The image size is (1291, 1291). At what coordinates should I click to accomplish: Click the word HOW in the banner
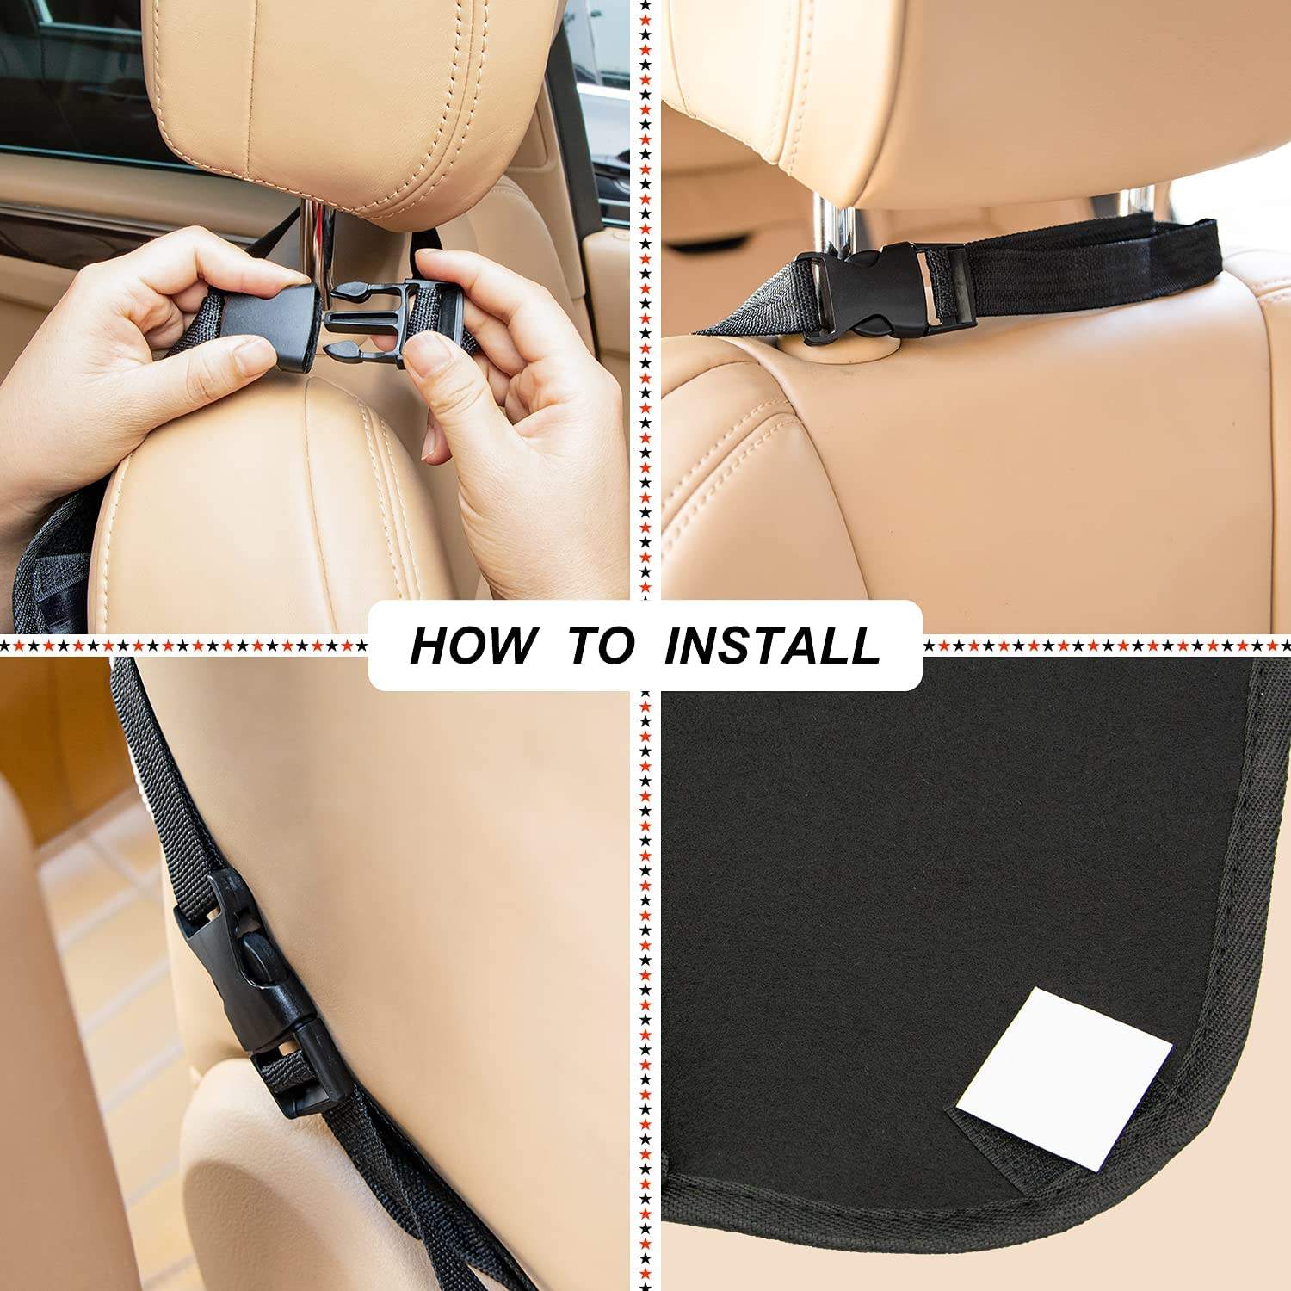pos(472,645)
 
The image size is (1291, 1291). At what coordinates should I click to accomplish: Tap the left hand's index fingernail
pos(252,355)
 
